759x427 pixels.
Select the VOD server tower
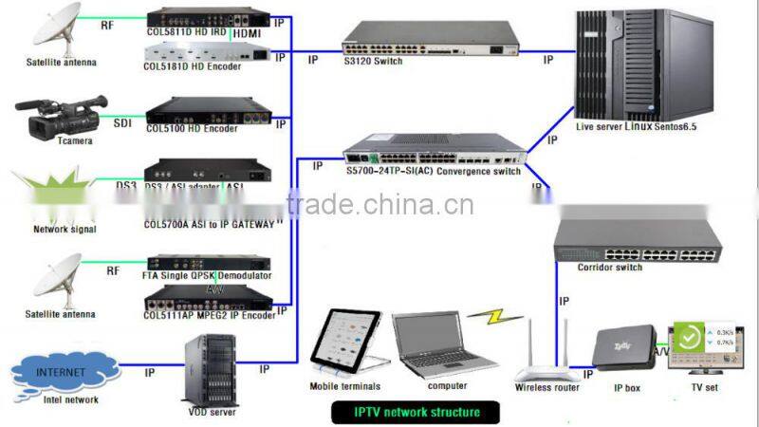pyautogui.click(x=210, y=368)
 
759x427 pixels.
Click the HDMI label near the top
pyautogui.click(x=249, y=34)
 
